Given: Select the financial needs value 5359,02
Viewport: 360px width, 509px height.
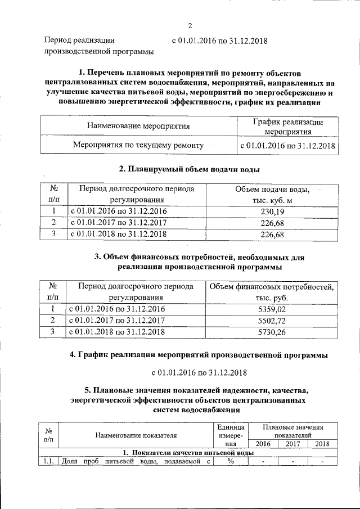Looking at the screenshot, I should [x=271, y=309].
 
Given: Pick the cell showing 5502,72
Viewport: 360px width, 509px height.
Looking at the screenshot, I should [x=271, y=321].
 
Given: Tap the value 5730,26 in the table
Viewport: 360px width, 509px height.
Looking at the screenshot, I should [x=271, y=332].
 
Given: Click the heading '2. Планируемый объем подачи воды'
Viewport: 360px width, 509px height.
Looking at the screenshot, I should [x=190, y=169].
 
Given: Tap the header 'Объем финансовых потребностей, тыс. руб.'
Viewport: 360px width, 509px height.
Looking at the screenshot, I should [x=271, y=292].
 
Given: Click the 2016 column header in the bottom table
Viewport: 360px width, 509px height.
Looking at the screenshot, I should [x=263, y=444].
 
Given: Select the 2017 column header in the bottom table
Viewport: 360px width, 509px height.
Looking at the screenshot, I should [x=292, y=444].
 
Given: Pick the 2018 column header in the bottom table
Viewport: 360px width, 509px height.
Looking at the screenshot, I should [x=322, y=444].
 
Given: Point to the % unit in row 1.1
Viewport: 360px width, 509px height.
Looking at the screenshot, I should [x=230, y=462].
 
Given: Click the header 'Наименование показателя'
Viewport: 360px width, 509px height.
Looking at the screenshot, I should [x=136, y=435].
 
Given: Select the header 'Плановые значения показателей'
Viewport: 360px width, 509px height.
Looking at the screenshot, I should [x=292, y=431].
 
